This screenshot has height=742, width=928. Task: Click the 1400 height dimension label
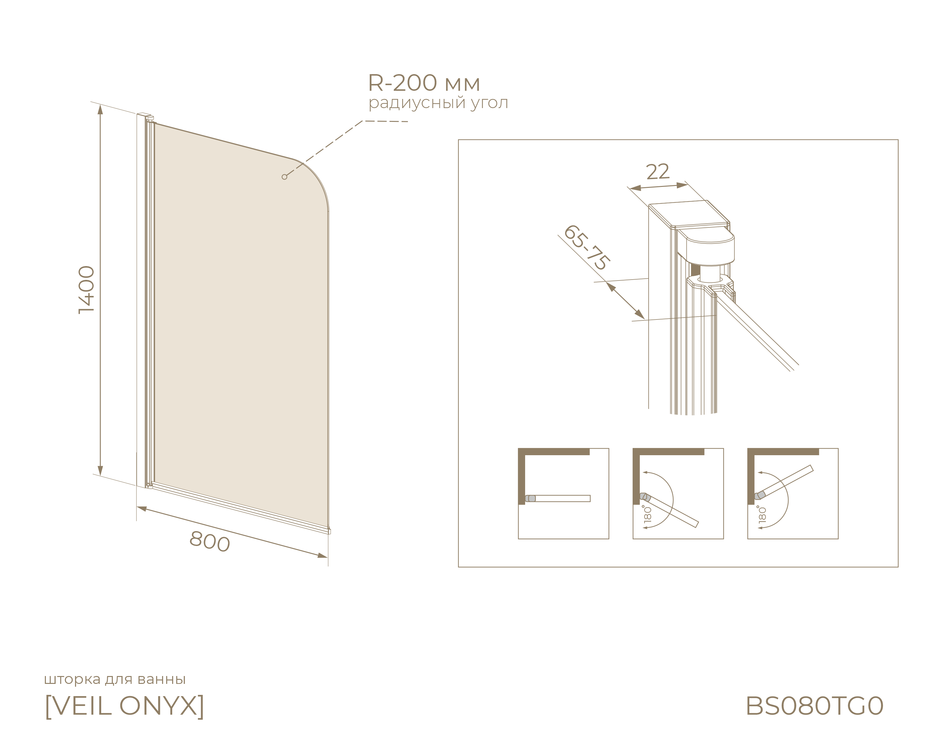pos(86,290)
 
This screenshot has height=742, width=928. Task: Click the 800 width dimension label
pos(210,541)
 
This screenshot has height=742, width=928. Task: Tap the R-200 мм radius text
pos(424,83)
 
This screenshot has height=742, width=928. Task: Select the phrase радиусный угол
pos(438,103)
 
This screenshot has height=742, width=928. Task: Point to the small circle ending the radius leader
pos(284,177)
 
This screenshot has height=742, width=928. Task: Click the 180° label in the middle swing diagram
pos(647,514)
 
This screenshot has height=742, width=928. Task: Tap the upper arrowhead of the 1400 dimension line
pos(100,109)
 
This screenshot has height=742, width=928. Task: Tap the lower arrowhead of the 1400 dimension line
pos(100,471)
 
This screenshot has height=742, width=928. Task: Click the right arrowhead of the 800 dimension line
pos(322,556)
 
